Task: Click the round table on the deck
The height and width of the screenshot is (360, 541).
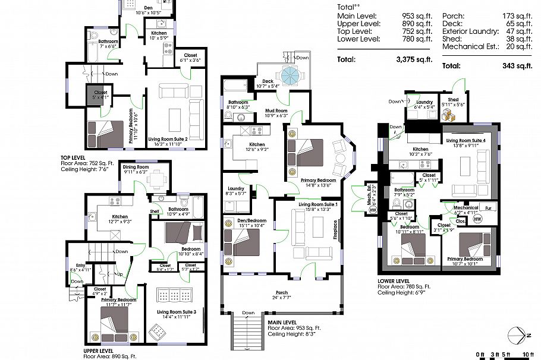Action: (x=292, y=75)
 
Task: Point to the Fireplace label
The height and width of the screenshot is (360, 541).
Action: (x=335, y=229)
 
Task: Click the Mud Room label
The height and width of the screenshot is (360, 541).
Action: (x=276, y=110)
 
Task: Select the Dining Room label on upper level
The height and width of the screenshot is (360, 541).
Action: (x=136, y=167)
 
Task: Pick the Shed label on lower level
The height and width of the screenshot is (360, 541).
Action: (x=453, y=100)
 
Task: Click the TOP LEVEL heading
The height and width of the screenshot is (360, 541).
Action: (x=74, y=157)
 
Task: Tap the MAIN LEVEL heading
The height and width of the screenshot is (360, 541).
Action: (x=283, y=321)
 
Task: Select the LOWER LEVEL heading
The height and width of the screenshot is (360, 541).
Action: (x=394, y=281)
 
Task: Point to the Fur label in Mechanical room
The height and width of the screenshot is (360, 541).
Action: (x=487, y=208)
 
